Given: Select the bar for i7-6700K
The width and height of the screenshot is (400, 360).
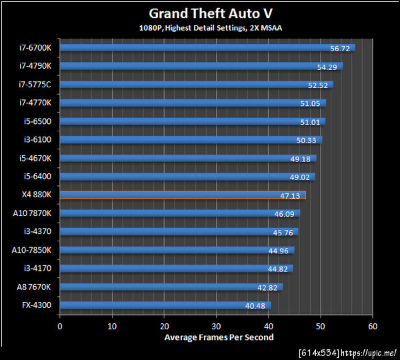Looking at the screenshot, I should click(207, 48).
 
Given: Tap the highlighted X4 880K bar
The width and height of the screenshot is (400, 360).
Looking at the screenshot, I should click(183, 195).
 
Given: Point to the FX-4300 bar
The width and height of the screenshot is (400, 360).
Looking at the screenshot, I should click(165, 306).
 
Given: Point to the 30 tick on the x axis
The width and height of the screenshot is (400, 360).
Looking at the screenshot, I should click(217, 327).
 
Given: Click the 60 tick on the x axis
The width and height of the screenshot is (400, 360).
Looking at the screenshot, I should click(373, 327).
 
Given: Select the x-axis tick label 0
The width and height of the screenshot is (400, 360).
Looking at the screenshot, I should click(60, 327).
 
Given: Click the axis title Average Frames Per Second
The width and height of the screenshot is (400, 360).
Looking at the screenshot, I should click(219, 337).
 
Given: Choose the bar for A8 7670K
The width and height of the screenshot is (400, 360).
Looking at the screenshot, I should click(171, 287).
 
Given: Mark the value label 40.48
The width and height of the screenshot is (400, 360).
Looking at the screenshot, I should click(255, 306).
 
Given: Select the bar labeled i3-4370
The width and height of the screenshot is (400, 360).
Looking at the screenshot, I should click(179, 232).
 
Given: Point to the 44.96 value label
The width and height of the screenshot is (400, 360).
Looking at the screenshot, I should click(278, 251).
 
